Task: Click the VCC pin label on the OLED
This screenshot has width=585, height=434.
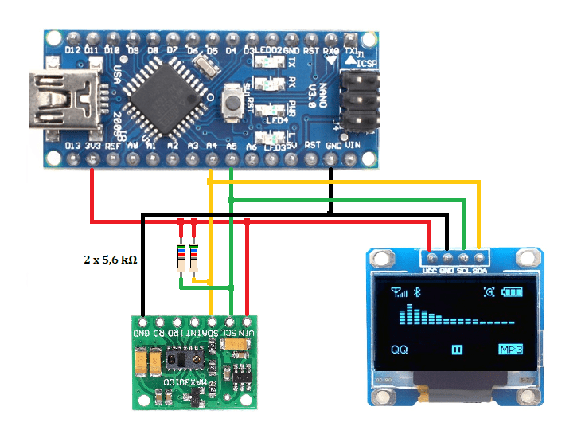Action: tap(431, 271)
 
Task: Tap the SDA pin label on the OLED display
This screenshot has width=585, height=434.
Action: tap(480, 271)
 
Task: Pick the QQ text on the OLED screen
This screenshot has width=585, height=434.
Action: tap(400, 349)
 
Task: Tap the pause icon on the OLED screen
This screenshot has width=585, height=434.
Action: tap(457, 349)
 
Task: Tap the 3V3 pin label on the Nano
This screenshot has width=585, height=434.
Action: tap(94, 146)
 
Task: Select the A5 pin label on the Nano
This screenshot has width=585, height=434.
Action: tap(232, 146)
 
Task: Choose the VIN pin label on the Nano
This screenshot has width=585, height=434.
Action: tap(353, 146)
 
